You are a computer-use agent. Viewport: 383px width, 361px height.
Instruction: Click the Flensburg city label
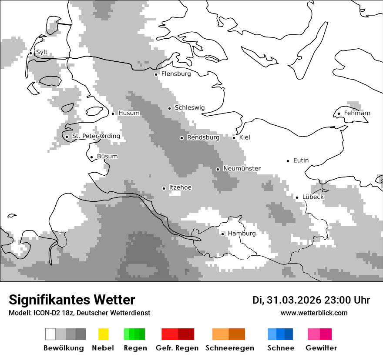(176, 74)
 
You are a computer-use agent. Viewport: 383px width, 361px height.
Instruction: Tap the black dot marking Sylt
(31, 53)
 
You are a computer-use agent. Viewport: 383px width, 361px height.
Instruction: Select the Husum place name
(129, 113)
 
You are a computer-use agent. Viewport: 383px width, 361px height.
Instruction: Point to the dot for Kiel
(234, 138)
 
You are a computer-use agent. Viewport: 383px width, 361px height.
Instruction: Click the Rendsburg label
(203, 137)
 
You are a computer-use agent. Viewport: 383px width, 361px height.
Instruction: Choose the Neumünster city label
(242, 168)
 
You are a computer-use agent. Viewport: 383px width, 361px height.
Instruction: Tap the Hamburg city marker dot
(223, 234)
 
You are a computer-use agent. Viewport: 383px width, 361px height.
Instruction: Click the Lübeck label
(313, 197)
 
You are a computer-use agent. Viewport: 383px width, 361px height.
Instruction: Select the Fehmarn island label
(357, 113)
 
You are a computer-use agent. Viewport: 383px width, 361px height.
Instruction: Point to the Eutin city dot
(288, 161)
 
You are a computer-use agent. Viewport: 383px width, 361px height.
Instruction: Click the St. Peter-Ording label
(96, 136)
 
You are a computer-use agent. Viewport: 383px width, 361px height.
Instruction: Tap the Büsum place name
(107, 157)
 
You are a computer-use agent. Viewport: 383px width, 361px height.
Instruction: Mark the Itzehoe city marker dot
(164, 188)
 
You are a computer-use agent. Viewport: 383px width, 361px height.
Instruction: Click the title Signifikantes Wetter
(72, 300)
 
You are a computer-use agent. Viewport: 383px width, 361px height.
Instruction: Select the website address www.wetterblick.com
(314, 313)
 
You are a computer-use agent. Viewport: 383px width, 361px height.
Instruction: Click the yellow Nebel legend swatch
(103, 334)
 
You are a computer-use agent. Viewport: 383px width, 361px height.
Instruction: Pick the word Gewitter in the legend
(321, 348)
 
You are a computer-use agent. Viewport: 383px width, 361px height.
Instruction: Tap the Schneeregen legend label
(229, 348)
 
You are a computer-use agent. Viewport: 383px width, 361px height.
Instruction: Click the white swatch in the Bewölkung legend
(50, 334)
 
